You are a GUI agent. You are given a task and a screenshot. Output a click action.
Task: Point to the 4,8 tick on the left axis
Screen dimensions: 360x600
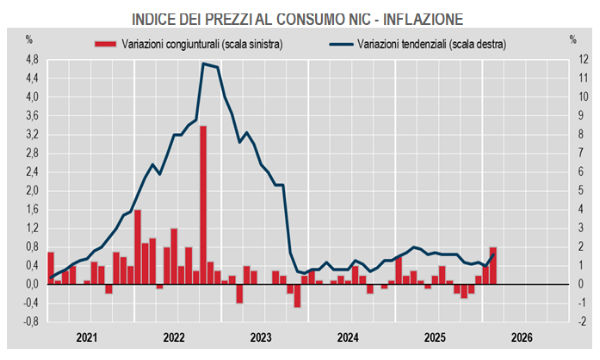[31, 59]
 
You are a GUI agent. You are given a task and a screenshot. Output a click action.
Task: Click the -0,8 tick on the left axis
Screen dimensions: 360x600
[30, 322]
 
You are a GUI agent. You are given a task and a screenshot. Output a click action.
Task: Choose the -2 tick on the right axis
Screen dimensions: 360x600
[571, 322]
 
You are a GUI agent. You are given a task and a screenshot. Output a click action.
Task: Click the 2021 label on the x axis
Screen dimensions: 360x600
[87, 338]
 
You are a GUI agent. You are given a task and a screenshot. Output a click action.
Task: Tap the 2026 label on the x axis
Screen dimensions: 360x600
[521, 338]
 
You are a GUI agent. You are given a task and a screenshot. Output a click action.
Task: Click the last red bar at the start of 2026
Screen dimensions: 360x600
[493, 265]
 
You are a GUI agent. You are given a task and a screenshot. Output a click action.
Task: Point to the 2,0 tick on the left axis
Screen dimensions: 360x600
[31, 190]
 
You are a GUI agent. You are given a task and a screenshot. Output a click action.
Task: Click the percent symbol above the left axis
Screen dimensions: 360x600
[29, 40]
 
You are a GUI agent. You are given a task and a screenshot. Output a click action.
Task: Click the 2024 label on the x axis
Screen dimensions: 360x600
[347, 338]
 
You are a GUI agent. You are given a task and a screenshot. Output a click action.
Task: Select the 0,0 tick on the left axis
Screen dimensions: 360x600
[31, 284]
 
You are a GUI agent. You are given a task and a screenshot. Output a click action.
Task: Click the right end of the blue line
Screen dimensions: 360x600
[494, 254]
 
